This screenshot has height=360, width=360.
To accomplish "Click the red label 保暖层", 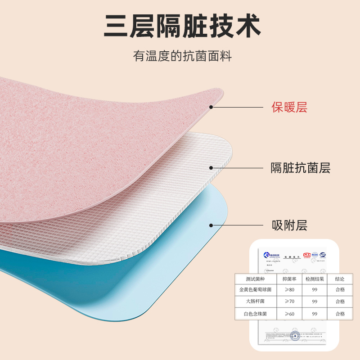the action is click(x=289, y=108).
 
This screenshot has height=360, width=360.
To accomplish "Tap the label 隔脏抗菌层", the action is click(x=300, y=168).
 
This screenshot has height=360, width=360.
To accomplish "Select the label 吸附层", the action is click(x=289, y=225).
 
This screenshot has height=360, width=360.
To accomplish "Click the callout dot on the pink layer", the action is click(x=211, y=107).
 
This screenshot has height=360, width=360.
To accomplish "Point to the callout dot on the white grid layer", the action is click(x=211, y=168).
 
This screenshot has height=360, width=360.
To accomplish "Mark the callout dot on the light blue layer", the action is click(x=211, y=225).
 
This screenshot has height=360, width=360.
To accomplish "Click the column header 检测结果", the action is click(x=315, y=279).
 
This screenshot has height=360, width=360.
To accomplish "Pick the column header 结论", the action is click(x=340, y=279).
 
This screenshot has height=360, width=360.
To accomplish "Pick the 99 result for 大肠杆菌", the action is click(x=315, y=302).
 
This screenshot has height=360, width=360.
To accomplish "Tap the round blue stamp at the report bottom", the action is click(x=295, y=334).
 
